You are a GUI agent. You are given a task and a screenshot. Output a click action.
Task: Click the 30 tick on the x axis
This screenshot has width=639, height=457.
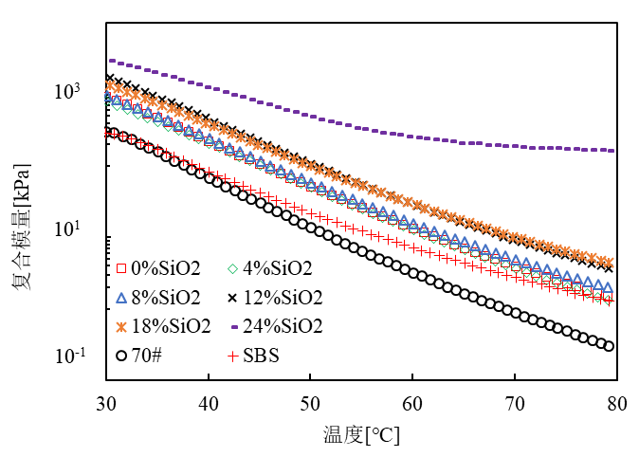click(x=107, y=401)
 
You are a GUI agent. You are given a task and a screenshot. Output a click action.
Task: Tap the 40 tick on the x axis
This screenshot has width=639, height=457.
click(x=209, y=401)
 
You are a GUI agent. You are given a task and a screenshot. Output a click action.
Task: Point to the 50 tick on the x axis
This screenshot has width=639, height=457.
click(x=310, y=401)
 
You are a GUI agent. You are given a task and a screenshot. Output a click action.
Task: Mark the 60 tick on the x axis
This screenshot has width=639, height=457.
click(x=412, y=401)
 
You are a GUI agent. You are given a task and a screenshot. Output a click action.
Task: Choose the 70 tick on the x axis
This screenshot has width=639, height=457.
click(x=514, y=401)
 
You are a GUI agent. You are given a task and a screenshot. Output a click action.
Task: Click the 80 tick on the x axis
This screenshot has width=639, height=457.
click(x=615, y=401)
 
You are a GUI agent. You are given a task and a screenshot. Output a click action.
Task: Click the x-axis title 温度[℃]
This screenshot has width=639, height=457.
click(x=360, y=435)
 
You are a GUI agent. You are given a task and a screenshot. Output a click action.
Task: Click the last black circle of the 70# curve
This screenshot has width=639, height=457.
click(x=609, y=346)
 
